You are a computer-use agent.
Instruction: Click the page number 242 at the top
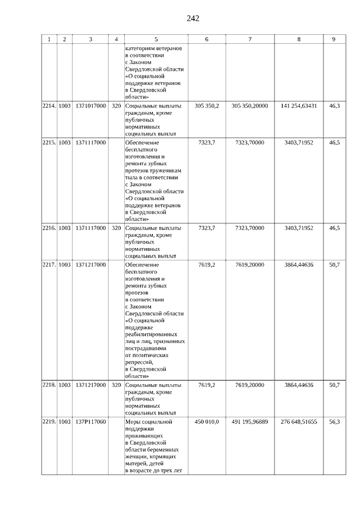click(x=193, y=19)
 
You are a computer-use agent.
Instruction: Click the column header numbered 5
click(x=156, y=39)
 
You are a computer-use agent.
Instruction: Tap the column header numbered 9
click(x=334, y=39)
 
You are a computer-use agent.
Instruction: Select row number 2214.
click(x=49, y=106)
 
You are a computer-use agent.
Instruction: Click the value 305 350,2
click(x=206, y=106)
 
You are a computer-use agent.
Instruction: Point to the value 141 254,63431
click(x=299, y=106)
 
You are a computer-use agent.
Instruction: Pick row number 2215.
click(x=49, y=143)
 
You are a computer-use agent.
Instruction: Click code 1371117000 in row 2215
click(x=90, y=143)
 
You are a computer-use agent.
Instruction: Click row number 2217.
click(x=49, y=265)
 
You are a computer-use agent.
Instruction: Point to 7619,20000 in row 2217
click(x=250, y=265)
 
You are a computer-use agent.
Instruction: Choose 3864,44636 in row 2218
click(x=299, y=385)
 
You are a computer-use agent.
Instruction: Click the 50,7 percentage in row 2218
click(x=334, y=385)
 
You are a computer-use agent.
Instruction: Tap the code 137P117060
click(x=90, y=422)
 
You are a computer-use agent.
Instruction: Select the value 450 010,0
click(x=206, y=422)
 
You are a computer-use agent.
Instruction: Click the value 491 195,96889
click(x=250, y=422)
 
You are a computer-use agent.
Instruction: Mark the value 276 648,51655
click(x=299, y=422)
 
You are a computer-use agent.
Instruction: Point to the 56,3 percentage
click(x=334, y=422)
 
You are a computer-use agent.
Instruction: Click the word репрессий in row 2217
click(x=141, y=363)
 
